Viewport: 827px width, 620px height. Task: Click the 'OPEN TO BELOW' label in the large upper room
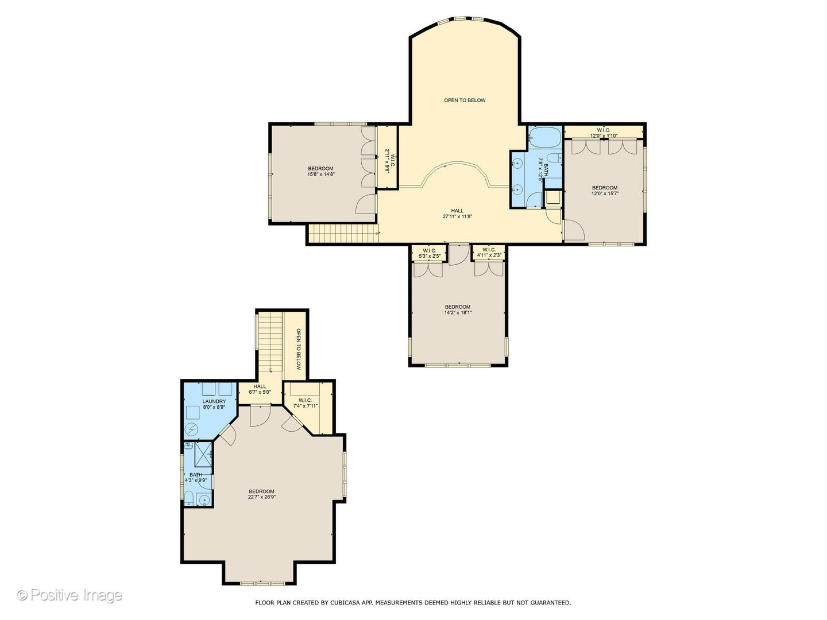point(465,100)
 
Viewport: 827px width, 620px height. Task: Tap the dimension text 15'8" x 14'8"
point(321,175)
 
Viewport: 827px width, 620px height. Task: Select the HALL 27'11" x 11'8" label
point(457,214)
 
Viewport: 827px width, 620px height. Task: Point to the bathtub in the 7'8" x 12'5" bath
point(544,138)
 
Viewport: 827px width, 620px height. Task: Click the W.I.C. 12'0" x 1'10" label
point(604,133)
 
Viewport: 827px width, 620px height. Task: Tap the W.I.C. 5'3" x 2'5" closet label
point(430,253)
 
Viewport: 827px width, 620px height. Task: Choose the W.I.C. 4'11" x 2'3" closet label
point(489,253)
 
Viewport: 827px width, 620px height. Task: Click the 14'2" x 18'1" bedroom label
point(458,309)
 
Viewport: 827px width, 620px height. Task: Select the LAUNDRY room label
point(214,404)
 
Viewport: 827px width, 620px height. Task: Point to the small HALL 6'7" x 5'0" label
point(260,389)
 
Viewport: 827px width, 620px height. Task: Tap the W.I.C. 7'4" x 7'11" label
point(305,403)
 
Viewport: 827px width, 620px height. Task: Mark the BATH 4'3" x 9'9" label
point(196,477)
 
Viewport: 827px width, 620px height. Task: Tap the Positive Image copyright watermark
point(69,595)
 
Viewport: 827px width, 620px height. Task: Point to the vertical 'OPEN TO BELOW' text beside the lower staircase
point(299,349)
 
